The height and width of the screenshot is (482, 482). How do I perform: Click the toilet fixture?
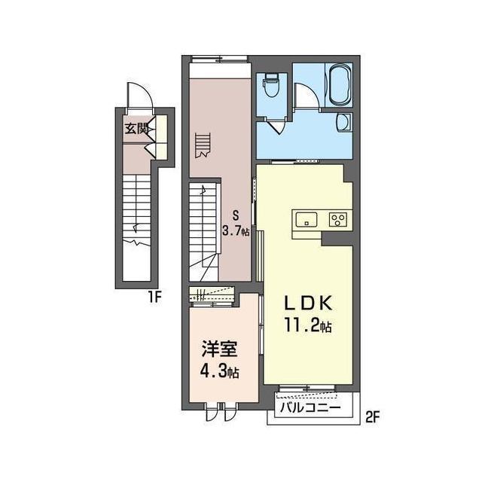coord(271,85)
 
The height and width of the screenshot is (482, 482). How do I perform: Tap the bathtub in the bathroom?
coord(340,84)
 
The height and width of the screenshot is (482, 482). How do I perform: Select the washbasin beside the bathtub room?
coord(343,122)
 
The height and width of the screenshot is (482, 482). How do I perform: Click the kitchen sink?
coord(307,219)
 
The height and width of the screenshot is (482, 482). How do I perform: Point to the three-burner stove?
coord(338,219)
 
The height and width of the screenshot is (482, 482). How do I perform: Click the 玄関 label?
coord(136,129)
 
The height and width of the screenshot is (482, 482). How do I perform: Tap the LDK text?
coord(308,304)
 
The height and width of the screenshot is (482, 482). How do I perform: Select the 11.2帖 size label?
coord(308,325)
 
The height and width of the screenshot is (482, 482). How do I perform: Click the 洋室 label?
coord(219,349)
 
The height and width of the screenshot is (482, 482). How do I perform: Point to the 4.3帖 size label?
coord(219,372)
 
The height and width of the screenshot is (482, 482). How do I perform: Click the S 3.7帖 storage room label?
coord(236,224)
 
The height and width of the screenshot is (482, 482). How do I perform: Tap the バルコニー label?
coord(310,408)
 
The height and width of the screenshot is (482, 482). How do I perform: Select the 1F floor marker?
coord(154,297)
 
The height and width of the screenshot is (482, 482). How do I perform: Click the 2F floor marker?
coord(374,417)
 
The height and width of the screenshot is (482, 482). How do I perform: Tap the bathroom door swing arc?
coord(307,96)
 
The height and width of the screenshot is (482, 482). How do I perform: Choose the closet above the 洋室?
coord(212,294)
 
